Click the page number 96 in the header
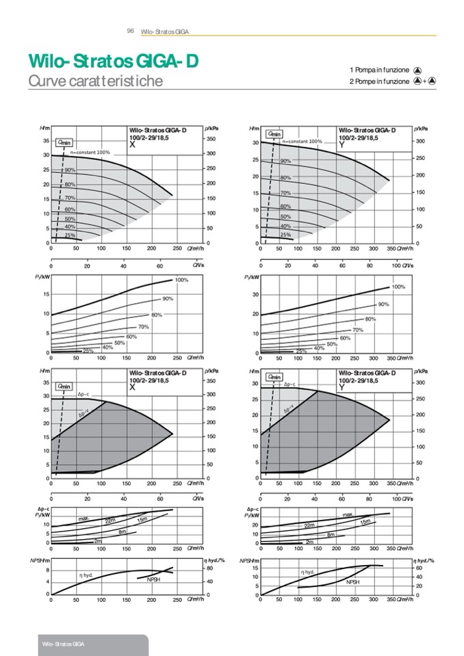tap(130, 31)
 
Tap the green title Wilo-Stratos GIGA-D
tap(113, 62)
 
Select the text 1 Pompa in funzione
tap(379, 70)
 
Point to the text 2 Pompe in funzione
tap(379, 81)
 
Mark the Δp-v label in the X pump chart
tap(84, 414)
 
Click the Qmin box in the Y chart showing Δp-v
tap(275, 377)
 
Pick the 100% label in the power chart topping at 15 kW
tap(182, 280)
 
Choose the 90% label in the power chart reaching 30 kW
tap(383, 304)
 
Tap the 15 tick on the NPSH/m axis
tap(254, 568)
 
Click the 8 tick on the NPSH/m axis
tap(47, 570)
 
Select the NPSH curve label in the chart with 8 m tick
tap(154, 579)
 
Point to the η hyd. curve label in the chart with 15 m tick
tap(307, 572)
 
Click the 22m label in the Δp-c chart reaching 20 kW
tap(309, 525)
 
